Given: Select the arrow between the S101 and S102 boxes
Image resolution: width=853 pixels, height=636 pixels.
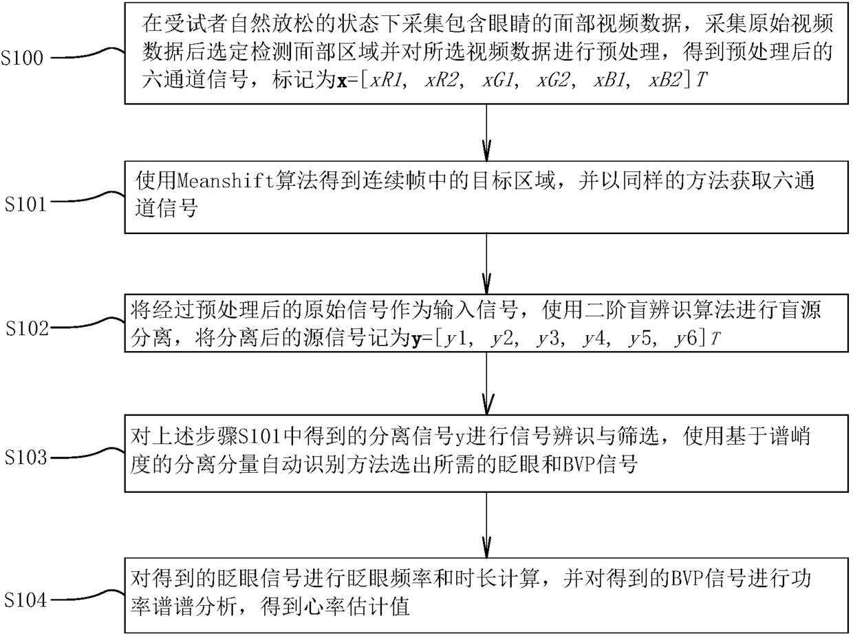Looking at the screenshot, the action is pos(486,266).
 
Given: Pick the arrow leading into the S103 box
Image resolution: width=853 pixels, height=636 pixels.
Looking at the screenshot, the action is pos(486,382).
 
